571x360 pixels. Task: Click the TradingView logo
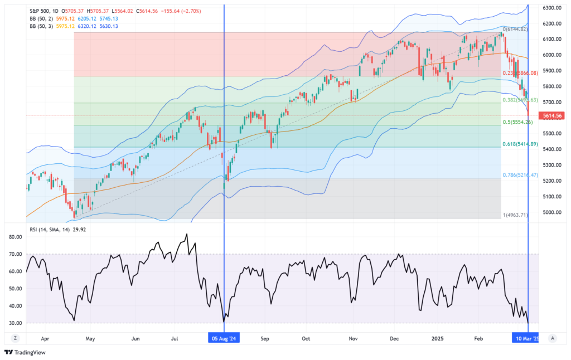coord(25,352)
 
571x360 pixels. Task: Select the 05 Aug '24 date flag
coord(224,338)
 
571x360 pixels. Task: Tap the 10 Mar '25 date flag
coord(526,338)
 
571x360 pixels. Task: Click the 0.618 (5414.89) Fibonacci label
coord(520,144)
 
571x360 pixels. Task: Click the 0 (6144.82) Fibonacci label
coord(515,29)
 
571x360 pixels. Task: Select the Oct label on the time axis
coord(306,338)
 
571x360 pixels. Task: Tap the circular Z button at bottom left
coord(16,338)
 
